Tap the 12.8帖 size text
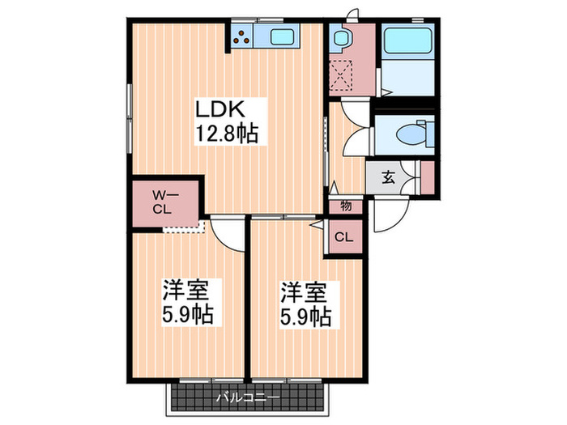coord(225,134)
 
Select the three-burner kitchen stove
coord(241,36)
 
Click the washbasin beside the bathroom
coord(339,40)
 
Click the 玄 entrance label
coord(388,177)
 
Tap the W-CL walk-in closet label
coord(165,199)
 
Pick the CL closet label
coord(343,237)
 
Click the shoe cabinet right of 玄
coord(427,177)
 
